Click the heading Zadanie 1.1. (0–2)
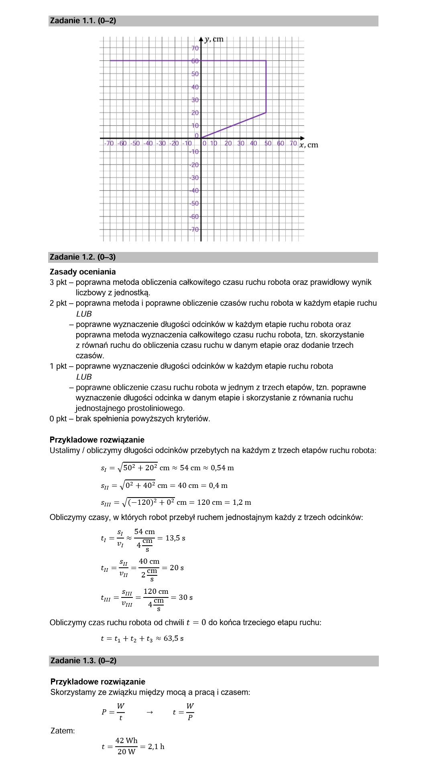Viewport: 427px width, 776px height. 83,21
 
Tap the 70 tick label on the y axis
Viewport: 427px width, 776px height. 195,49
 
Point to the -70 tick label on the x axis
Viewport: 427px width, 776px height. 108,143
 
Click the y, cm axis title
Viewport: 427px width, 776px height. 214,39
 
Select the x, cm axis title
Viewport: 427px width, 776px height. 309,145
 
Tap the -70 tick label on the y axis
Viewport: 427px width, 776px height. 194,230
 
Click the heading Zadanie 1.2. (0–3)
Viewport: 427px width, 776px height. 83,257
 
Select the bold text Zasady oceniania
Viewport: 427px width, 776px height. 83,272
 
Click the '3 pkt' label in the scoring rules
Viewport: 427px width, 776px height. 58,282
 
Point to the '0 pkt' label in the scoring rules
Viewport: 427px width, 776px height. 58,419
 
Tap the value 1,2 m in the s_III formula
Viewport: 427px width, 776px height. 242,502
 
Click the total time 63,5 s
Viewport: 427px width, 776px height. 173,638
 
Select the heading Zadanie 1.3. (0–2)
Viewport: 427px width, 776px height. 83,660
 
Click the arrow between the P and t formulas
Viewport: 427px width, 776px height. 149,712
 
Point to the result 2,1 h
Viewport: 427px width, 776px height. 156,747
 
